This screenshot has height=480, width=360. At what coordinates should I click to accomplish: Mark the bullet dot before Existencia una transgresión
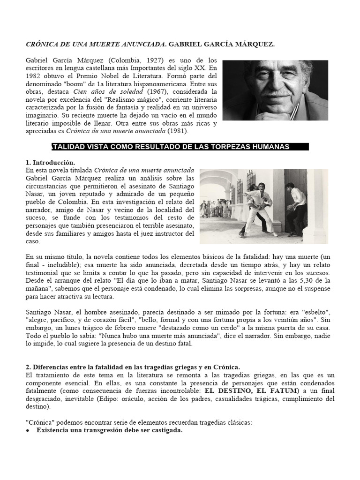coord(29,430)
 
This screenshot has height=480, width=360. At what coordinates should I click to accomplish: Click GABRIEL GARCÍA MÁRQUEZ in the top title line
coord(222,45)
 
